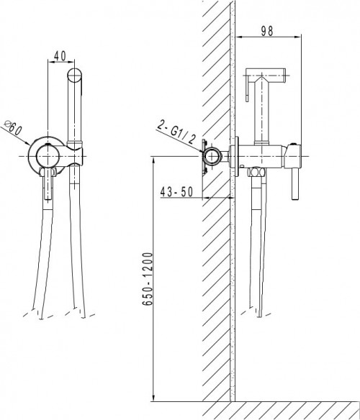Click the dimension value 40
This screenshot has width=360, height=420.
pos(60,55)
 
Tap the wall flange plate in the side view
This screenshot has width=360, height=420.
pos(235,155)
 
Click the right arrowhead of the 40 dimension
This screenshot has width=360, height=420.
pos(75,63)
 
